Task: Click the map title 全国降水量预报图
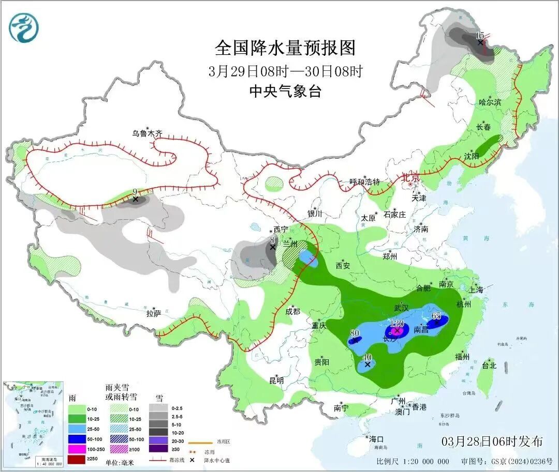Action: tap(285, 48)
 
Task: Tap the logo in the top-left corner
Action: tap(24, 27)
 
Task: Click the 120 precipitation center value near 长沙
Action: tap(397, 323)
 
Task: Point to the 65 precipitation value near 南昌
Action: tap(436, 316)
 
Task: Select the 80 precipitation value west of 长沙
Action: tap(355, 333)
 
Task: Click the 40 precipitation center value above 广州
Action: tap(367, 357)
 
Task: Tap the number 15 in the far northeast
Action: tap(480, 35)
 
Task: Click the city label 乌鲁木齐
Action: tap(147, 133)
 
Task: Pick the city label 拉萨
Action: tap(154, 313)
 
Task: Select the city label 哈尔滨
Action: tap(490, 102)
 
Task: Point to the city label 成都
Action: tap(292, 311)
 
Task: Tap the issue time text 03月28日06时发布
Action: tap(492, 441)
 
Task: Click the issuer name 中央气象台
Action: tap(285, 92)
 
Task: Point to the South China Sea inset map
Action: tap(33, 424)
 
